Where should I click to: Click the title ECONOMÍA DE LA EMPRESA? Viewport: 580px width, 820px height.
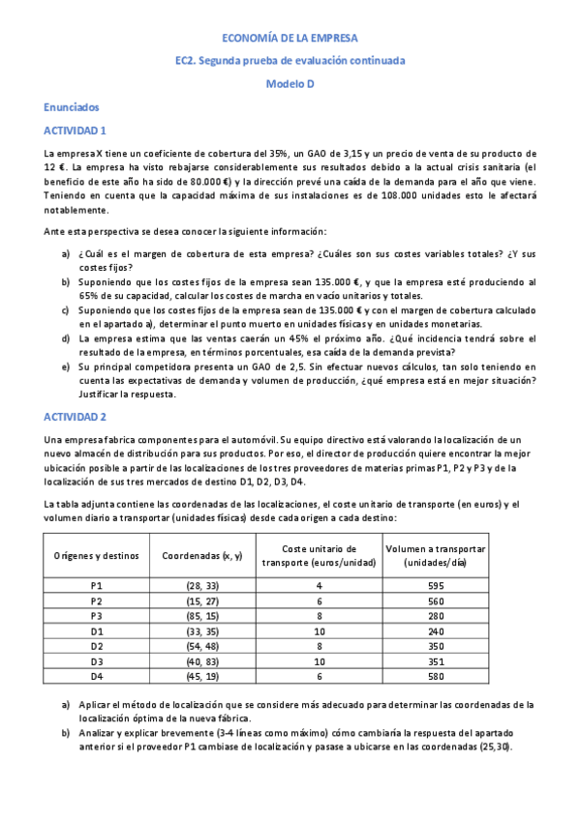pyautogui.click(x=290, y=38)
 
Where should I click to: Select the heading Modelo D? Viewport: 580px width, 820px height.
pyautogui.click(x=290, y=83)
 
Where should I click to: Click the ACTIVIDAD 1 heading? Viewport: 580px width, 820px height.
pyautogui.click(x=76, y=130)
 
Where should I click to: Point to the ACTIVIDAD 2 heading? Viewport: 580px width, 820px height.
pyautogui.click(x=76, y=416)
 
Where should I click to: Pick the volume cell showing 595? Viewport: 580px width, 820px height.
pyautogui.click(x=435, y=586)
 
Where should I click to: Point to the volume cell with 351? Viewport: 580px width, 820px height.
pyautogui.click(x=435, y=660)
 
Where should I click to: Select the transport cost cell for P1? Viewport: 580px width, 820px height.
pyautogui.click(x=318, y=586)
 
